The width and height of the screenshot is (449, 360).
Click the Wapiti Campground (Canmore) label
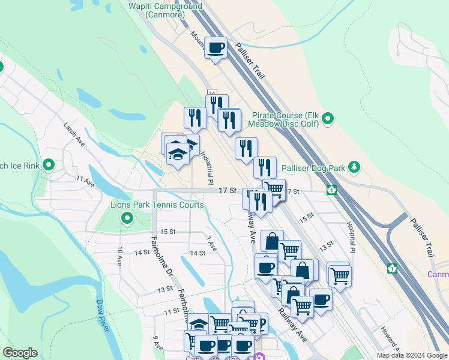coord(166,10)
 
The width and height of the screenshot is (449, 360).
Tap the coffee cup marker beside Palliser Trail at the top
coord(215,47)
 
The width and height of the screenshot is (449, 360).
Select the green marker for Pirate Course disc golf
coord(328,120)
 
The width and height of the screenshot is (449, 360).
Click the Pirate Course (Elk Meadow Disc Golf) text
coord(286,119)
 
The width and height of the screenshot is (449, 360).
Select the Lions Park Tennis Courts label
coord(157,205)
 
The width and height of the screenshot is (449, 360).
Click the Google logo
coord(20,353)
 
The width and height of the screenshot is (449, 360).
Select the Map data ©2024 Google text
coord(412,355)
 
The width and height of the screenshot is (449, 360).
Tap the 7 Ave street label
coord(211,243)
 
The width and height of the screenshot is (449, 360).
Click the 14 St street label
coord(197,253)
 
